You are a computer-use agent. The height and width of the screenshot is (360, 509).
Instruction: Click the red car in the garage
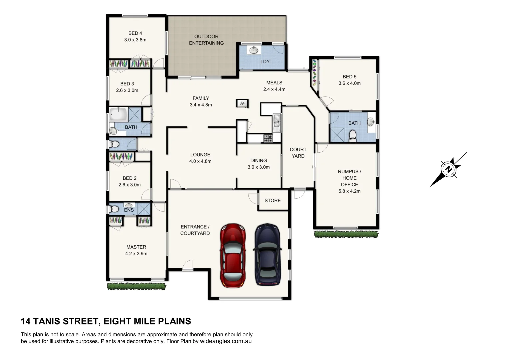[233, 255]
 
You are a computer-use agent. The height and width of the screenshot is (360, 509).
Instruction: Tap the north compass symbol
[448, 169]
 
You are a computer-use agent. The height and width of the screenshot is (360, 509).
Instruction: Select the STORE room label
[272, 200]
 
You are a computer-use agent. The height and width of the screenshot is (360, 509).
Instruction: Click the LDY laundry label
[265, 61]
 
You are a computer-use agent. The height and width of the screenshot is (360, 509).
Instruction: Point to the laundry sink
[254, 50]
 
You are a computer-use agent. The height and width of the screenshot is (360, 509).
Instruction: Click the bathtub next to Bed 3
[119, 114]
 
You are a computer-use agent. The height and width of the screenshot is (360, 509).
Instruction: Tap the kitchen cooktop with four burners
[268, 138]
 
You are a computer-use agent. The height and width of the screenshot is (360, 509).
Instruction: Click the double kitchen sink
[276, 120]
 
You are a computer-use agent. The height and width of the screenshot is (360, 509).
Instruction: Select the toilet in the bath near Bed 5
[353, 135]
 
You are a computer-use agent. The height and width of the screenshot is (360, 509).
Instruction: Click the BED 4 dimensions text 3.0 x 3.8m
[135, 40]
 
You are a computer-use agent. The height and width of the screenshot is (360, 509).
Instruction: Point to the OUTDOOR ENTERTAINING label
[206, 40]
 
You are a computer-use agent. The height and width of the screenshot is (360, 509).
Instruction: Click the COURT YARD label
[298, 153]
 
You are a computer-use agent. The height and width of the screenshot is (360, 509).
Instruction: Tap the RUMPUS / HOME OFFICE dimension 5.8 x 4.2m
[349, 191]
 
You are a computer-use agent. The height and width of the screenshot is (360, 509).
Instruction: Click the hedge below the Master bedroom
[136, 286]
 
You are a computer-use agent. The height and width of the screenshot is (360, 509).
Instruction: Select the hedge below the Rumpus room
[346, 234]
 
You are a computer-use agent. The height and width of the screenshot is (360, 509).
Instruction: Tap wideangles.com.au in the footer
[225, 341]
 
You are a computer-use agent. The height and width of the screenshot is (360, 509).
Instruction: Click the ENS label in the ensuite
[129, 210]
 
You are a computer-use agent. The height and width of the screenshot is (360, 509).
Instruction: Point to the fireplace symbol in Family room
[242, 103]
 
